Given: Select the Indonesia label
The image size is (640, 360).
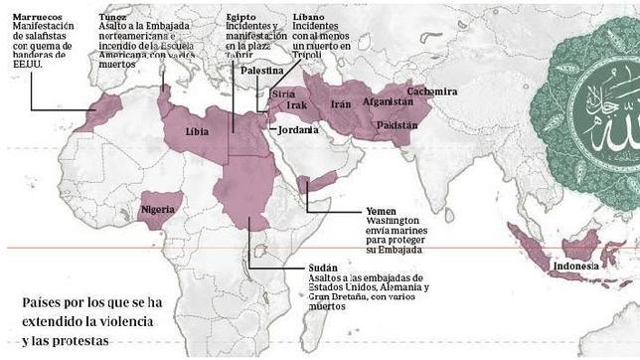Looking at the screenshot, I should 576,267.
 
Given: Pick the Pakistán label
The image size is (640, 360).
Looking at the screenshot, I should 397,125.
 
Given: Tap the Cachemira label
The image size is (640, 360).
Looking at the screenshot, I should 433,90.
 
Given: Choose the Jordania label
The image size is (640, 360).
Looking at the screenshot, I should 298,130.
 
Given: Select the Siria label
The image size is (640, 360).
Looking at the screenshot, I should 281,92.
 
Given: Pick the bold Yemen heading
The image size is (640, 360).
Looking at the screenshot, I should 380,212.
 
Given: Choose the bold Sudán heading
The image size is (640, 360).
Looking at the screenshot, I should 324,268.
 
